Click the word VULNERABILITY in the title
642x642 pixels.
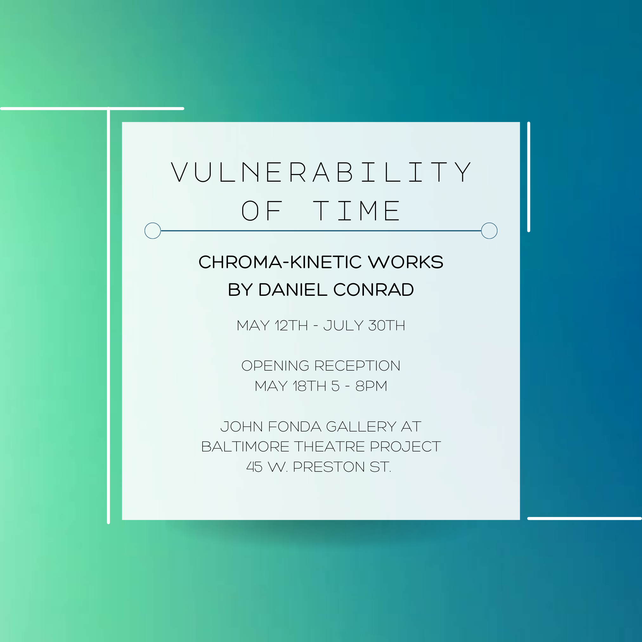click(x=321, y=172)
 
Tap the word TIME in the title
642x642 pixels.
click(x=357, y=211)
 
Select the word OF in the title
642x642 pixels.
click(x=262, y=211)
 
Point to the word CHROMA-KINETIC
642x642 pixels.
click(x=280, y=262)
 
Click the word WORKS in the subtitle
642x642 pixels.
click(x=406, y=262)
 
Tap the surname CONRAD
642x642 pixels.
click(x=373, y=289)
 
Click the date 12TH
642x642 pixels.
click(x=291, y=325)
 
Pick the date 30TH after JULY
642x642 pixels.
click(x=387, y=325)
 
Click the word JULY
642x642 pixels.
click(x=343, y=325)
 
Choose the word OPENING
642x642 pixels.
click(x=275, y=366)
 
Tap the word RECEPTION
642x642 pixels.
click(x=357, y=366)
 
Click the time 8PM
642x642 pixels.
click(x=371, y=386)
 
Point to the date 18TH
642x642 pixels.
click(x=309, y=386)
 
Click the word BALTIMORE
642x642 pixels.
click(x=245, y=446)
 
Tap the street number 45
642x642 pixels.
click(x=254, y=467)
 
